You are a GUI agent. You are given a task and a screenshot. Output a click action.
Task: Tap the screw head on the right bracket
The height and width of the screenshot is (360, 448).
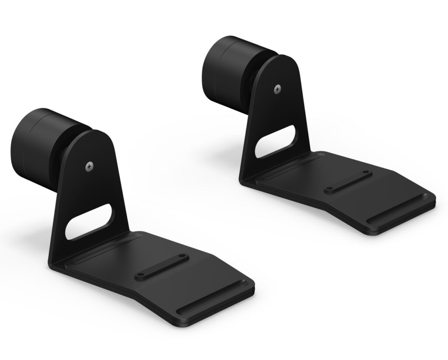coord(277,89)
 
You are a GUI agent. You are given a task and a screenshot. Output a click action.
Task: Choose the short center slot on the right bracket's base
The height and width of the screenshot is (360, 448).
coord(349,181)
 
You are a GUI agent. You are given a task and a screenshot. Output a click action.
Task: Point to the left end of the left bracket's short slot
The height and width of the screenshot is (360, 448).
coord(140,276)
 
